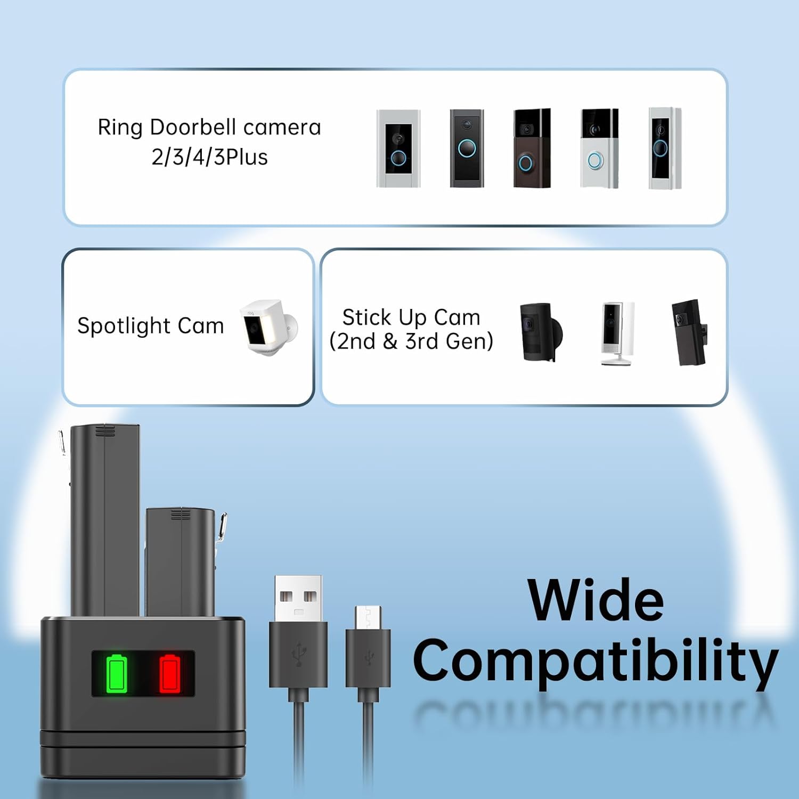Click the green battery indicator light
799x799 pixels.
click(x=118, y=674)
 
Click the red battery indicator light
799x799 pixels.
click(x=170, y=674)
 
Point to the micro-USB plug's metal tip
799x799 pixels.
click(x=368, y=616)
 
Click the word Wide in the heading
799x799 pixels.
click(x=596, y=600)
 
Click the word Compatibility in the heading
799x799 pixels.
click(x=595, y=661)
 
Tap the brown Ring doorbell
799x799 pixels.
click(x=532, y=148)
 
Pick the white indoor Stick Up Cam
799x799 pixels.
click(x=618, y=333)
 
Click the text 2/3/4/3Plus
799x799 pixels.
click(x=209, y=157)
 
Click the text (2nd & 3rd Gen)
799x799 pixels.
click(x=411, y=341)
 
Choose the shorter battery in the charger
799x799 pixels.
click(x=181, y=562)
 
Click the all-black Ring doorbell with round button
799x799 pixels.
click(x=467, y=148)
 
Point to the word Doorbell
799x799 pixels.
click(x=193, y=127)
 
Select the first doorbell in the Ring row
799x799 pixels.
click(x=398, y=149)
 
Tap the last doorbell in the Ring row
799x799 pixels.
click(x=664, y=148)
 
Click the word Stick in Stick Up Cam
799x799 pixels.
click(x=366, y=317)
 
